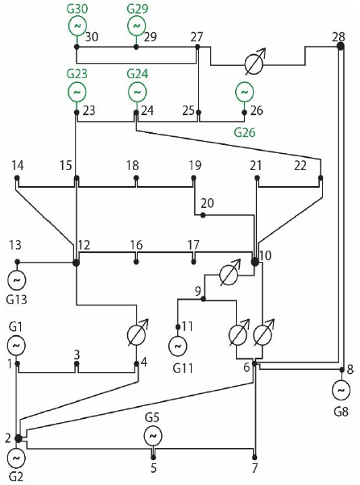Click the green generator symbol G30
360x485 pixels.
(x=77, y=26)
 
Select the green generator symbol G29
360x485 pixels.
(x=136, y=26)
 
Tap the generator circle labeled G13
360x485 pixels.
(x=16, y=280)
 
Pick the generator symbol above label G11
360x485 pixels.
(x=176, y=345)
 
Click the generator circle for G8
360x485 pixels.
(x=340, y=389)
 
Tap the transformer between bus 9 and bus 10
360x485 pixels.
(x=230, y=276)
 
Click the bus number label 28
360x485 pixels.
(x=338, y=35)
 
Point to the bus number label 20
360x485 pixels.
(x=207, y=203)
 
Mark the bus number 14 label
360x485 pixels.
(x=16, y=165)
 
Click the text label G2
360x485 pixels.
(x=17, y=476)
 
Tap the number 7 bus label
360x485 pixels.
(x=254, y=468)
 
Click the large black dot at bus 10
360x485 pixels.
(x=255, y=260)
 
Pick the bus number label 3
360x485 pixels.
(x=77, y=354)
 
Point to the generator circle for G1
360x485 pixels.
(x=16, y=345)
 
